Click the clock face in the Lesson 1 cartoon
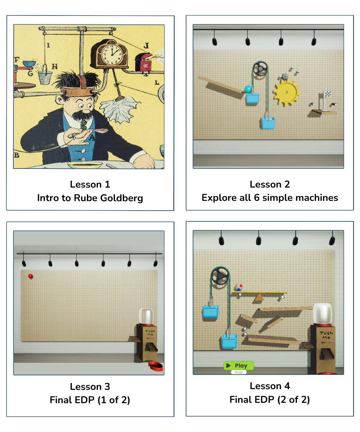click(111, 55)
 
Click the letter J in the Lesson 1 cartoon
click(146, 45)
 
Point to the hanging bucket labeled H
click(45, 76)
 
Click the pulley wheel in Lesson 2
click(260, 68)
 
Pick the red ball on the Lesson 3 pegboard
click(31, 276)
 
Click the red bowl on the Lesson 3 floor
click(155, 366)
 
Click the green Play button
click(239, 365)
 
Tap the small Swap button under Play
click(239, 372)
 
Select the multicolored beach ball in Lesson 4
click(238, 287)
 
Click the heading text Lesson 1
click(90, 184)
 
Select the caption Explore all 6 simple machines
click(270, 198)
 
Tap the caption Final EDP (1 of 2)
click(90, 400)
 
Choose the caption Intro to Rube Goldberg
click(90, 198)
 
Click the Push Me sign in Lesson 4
click(326, 336)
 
